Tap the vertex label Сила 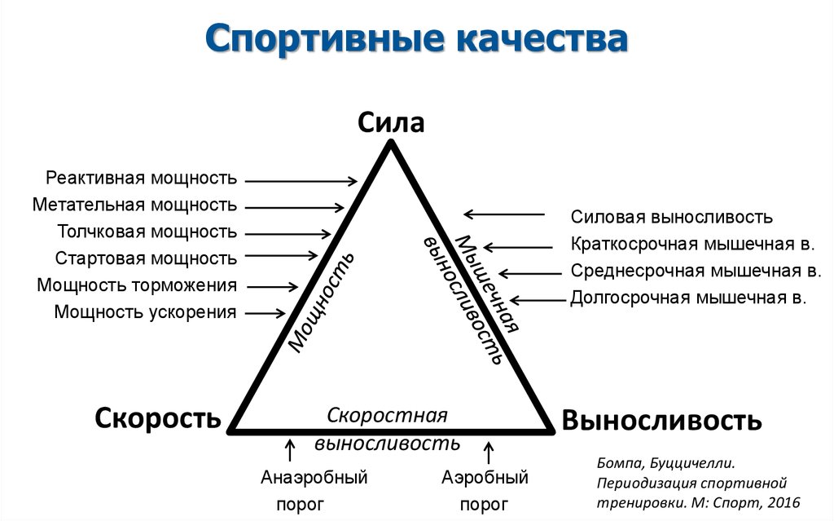pos(391,123)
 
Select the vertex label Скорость pos(158,418)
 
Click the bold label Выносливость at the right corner pos(661,421)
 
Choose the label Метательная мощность pos(135,205)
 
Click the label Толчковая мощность pos(147,232)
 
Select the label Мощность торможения pos(137,285)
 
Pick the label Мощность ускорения pos(146,312)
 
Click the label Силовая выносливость pos(671,218)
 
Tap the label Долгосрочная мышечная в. pos(688,298)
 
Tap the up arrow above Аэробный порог pos(489,450)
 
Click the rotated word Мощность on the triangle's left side pos(321,302)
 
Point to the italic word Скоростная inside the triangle pos(388,415)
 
